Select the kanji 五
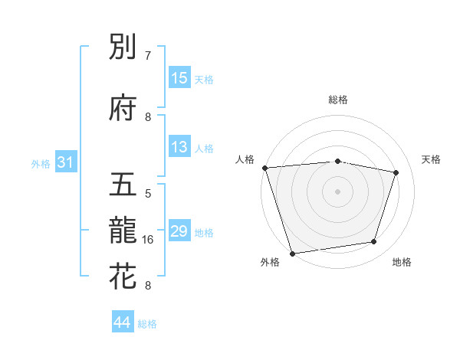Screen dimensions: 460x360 pyautogui.click(x=123, y=185)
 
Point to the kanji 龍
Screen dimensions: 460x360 pyautogui.click(x=123, y=231)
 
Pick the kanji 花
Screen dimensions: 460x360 pyautogui.click(x=123, y=277)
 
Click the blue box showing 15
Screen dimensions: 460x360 pyautogui.click(x=179, y=78)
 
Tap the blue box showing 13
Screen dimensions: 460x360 pyautogui.click(x=179, y=147)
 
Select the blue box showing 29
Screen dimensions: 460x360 pyautogui.click(x=179, y=231)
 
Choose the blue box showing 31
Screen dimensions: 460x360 pyautogui.click(x=65, y=162)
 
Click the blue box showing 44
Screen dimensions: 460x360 pyautogui.click(x=123, y=322)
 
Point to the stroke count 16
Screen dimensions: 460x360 pyautogui.click(x=148, y=240)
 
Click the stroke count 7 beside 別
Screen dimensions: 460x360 pyautogui.click(x=148, y=56)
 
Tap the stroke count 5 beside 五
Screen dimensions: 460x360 pyautogui.click(x=148, y=194)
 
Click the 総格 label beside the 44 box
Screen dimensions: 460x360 pyautogui.click(x=148, y=324)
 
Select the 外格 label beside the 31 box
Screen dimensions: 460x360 pyautogui.click(x=41, y=163)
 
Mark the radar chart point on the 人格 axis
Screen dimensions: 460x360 pyautogui.click(x=264, y=168)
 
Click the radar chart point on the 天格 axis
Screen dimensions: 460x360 pyautogui.click(x=396, y=173)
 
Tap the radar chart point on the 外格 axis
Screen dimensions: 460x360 pyautogui.click(x=292, y=252)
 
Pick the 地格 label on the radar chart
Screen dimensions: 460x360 pyautogui.click(x=402, y=262)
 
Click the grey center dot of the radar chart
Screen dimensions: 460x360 pyautogui.click(x=337, y=191)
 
